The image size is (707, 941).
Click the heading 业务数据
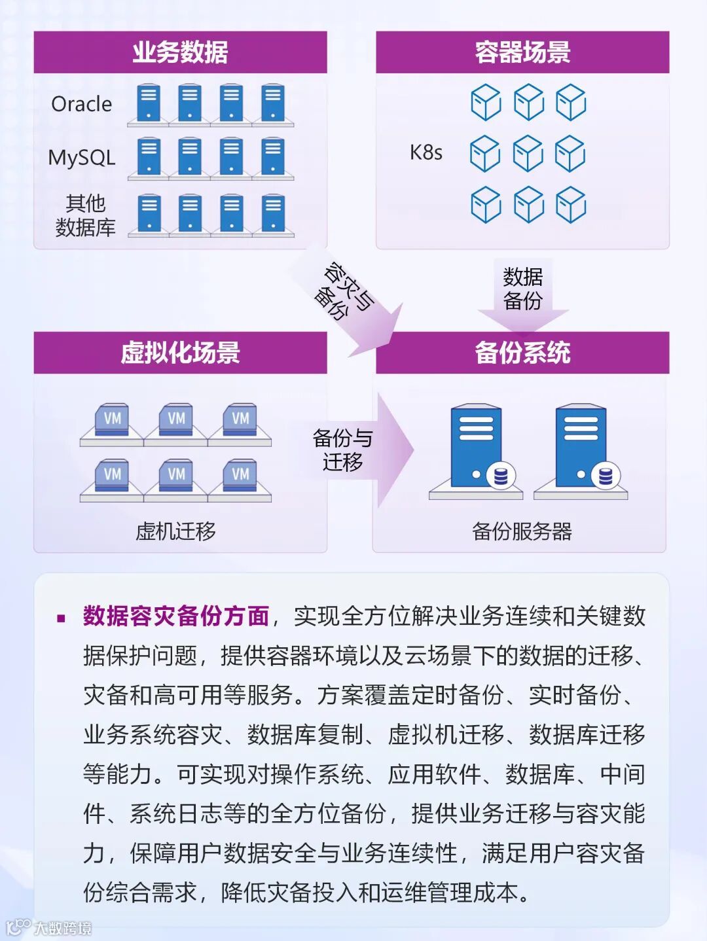(180, 52)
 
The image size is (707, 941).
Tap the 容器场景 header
(522, 52)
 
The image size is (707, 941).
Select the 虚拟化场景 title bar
(180, 353)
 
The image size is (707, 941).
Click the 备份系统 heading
(522, 353)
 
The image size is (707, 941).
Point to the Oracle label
(82, 104)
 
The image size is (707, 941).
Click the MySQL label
(82, 158)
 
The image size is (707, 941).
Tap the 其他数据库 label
(85, 215)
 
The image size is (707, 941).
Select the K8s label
(426, 152)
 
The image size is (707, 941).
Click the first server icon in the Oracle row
(149, 103)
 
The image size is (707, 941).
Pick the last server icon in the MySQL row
(273, 157)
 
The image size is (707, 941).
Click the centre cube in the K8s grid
(528, 153)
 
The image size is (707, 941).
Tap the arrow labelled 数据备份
(522, 292)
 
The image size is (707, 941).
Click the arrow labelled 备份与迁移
(353, 450)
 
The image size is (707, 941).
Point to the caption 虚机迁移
(175, 531)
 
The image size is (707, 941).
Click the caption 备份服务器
(522, 531)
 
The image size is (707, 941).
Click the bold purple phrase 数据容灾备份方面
(176, 616)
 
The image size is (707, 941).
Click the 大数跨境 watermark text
(62, 927)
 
